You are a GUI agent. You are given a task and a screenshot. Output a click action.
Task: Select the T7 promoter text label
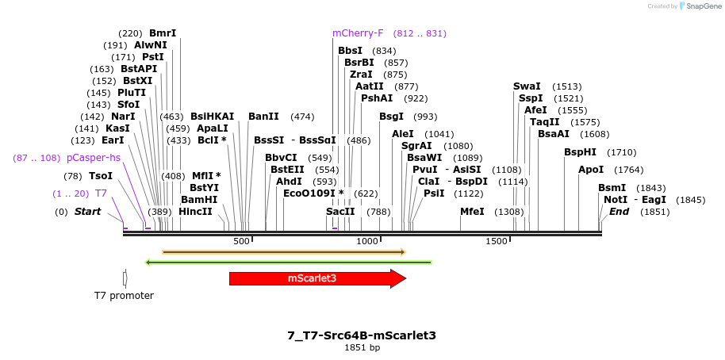click(124, 296)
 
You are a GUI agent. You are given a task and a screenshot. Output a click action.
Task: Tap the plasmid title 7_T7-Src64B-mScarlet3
click(362, 335)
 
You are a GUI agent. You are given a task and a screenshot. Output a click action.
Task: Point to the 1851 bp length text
click(362, 348)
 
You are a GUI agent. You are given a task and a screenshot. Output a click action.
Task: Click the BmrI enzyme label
click(163, 33)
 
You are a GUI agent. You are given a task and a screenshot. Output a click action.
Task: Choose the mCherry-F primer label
click(358, 33)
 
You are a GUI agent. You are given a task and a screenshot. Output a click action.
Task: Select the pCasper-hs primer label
click(94, 158)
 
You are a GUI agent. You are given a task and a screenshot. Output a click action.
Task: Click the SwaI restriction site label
click(527, 86)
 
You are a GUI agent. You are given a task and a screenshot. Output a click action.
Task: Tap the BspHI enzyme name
click(580, 152)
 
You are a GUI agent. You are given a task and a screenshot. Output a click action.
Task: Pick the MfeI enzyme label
click(472, 212)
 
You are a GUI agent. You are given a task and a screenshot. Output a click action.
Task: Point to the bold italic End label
click(620, 212)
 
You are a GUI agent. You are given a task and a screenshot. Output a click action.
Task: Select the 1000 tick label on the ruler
click(367, 240)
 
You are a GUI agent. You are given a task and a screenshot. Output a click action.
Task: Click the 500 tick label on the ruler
click(241, 240)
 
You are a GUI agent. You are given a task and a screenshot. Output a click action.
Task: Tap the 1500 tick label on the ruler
click(497, 240)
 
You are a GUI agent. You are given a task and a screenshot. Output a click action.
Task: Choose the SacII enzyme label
click(340, 212)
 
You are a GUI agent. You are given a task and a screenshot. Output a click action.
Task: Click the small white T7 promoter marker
click(125, 278)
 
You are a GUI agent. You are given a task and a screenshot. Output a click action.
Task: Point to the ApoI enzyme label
click(591, 170)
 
